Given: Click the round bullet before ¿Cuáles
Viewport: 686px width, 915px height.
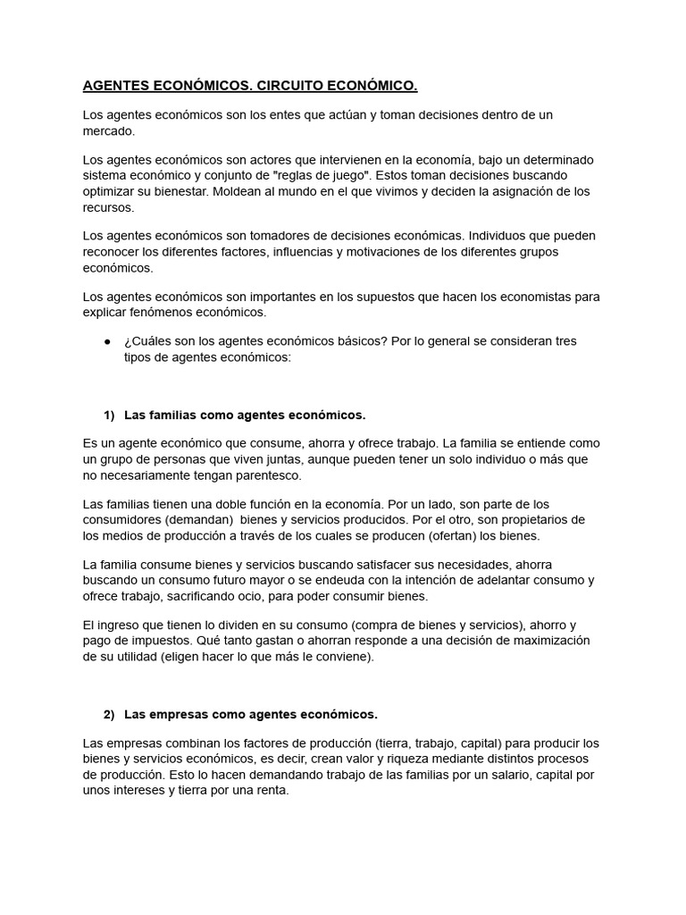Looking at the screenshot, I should tap(107, 341).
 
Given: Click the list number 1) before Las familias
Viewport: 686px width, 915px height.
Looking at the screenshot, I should tap(110, 416).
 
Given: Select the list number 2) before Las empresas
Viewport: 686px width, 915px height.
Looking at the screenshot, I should tap(110, 714).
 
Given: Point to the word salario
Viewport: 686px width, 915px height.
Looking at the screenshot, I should tap(496, 775).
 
